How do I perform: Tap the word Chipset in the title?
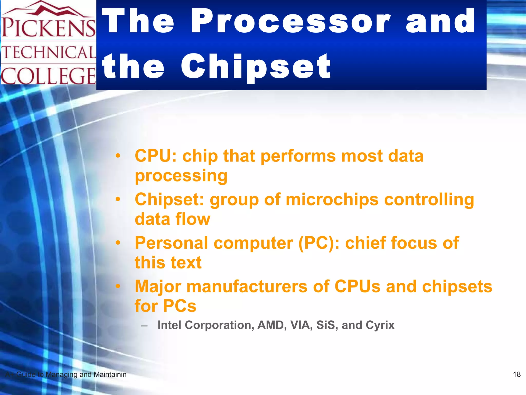256,66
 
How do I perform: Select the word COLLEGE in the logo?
48,76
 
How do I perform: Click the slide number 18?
516,374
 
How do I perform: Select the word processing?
181,176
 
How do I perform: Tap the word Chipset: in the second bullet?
169,200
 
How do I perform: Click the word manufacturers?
247,286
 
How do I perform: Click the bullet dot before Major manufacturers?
118,286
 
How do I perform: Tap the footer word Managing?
61,375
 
